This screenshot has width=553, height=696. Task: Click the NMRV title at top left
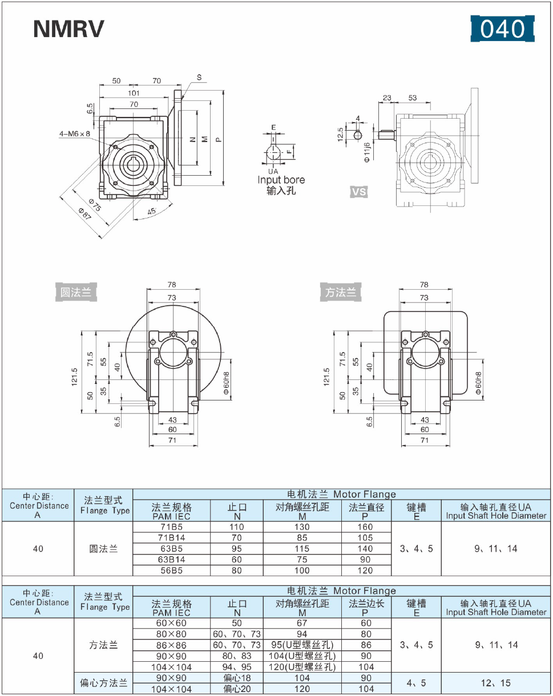[69, 29]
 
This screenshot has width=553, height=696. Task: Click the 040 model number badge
[502, 29]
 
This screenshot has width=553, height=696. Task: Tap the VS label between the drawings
[359, 192]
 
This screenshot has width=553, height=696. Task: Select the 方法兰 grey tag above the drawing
[341, 293]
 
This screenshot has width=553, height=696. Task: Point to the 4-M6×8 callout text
[75, 134]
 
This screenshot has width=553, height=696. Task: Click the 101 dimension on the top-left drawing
[133, 93]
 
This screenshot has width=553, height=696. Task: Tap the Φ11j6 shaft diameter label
[368, 151]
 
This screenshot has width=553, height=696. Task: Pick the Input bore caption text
[281, 180]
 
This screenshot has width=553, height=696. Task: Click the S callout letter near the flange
[199, 77]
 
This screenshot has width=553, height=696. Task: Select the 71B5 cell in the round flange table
[171, 527]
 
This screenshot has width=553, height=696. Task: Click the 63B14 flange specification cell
[171, 560]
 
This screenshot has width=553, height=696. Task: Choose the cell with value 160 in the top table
[365, 527]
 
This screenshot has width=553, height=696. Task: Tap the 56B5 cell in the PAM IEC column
[171, 570]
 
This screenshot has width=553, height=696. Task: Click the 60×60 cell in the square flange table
[171, 623]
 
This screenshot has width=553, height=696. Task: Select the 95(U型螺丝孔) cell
[302, 645]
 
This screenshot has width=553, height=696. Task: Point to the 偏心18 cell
[236, 678]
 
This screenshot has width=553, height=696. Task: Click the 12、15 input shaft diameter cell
[496, 683]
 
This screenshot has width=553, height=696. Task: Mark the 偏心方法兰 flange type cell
[103, 683]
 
